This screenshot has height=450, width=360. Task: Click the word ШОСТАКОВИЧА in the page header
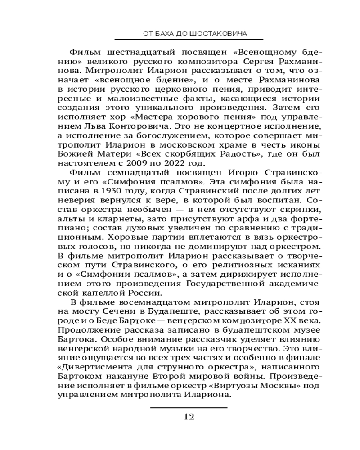[222, 33]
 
